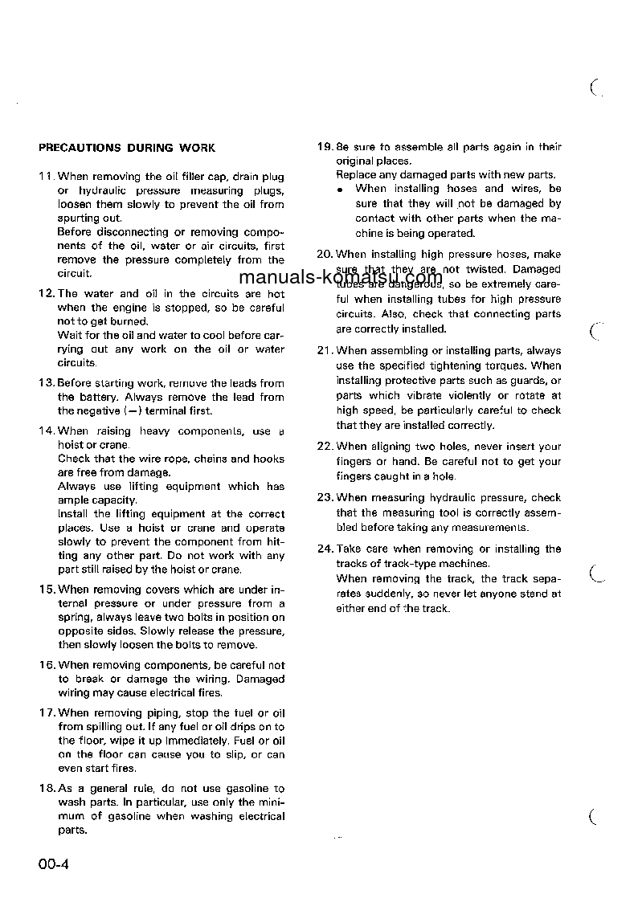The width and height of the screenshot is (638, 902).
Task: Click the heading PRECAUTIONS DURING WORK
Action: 127,148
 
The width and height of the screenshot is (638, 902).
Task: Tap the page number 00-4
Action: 54,865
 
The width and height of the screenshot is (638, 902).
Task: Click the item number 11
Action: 47,177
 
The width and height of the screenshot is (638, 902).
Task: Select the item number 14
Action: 47,431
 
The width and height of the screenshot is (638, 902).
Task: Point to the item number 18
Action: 47,789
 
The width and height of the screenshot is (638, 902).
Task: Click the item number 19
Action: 325,147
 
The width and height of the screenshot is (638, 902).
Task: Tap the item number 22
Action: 325,447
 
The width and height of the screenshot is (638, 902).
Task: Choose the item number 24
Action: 325,549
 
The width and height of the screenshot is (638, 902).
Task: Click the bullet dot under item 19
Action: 341,190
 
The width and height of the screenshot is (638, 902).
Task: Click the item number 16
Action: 47,665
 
